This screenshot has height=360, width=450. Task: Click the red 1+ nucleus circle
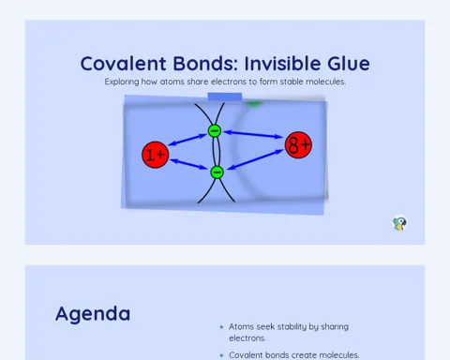(156, 155)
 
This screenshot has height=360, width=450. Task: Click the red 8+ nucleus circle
(298, 145)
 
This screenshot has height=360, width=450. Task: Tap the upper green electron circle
(215, 130)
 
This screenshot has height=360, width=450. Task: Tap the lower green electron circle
(217, 172)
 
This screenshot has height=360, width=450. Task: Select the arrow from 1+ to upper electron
(187, 140)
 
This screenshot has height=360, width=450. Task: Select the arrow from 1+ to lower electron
(188, 164)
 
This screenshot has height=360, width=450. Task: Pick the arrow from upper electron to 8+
(253, 134)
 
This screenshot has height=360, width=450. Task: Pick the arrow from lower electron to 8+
(255, 159)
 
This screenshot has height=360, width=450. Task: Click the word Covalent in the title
(123, 64)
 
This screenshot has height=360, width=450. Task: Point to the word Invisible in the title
(282, 64)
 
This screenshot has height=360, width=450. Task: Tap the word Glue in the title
(349, 64)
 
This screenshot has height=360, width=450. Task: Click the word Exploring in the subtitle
(122, 82)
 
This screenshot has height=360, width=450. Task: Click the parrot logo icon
(399, 223)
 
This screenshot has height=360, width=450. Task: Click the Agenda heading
(93, 314)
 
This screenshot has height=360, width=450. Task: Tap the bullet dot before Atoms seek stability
(221, 327)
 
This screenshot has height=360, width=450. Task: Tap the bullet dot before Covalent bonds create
(221, 355)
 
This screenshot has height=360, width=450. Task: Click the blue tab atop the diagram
(225, 97)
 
